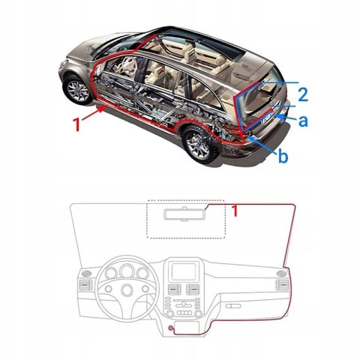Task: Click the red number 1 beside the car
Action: [x=77, y=124]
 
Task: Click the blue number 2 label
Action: [x=303, y=94]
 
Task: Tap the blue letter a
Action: [x=303, y=121]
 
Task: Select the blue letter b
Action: [x=283, y=156]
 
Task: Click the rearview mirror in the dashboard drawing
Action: [x=184, y=214]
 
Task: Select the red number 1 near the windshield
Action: [x=235, y=211]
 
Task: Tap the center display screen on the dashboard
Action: [x=183, y=271]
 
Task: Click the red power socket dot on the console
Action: [x=171, y=328]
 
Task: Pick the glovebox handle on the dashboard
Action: [x=233, y=306]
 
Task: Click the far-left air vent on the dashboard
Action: [x=85, y=285]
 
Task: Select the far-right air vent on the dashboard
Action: [x=282, y=285]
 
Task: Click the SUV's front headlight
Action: [x=63, y=64]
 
